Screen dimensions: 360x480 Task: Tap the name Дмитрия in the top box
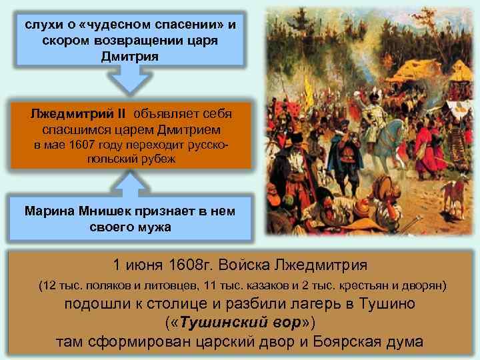130,54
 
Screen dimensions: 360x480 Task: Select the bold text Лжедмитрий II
73,113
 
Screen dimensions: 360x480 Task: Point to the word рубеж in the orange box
160,159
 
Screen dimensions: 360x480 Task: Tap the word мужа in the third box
154,227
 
